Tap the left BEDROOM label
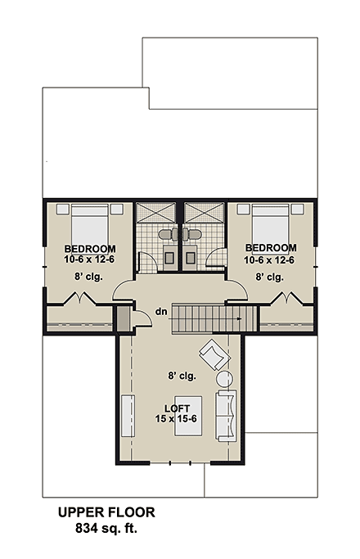tap(90, 249)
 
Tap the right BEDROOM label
tap(270, 249)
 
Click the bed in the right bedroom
tap(269, 222)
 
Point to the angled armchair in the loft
tap(215, 354)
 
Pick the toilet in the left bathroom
tap(168, 236)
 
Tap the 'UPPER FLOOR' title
tap(106, 513)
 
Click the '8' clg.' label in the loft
tap(180, 376)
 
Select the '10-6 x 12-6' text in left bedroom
tap(90, 259)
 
